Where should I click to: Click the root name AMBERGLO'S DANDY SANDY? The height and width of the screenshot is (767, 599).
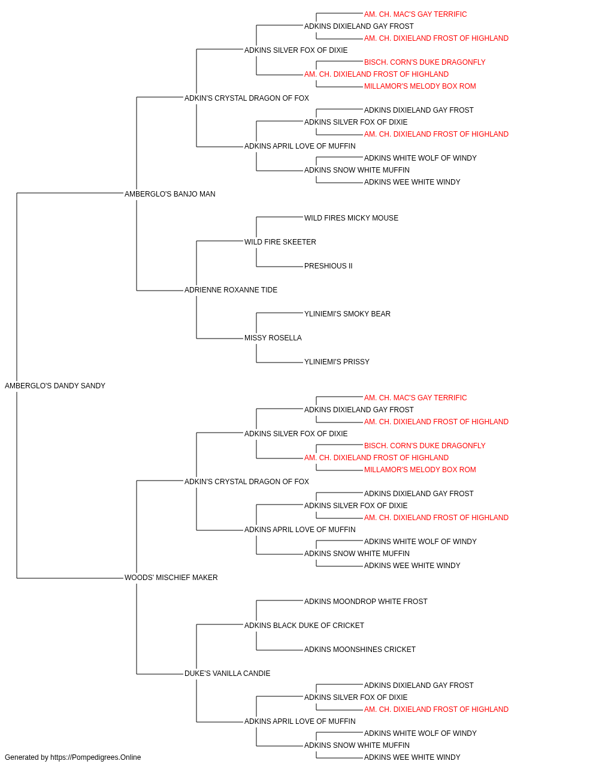tap(55, 386)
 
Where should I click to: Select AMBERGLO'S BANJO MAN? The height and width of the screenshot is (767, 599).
tap(170, 194)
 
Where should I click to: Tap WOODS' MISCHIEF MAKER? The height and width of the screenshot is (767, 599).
tap(171, 578)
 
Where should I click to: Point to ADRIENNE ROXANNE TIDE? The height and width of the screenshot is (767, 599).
tap(231, 290)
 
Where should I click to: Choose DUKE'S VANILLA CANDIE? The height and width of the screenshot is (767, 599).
tap(227, 674)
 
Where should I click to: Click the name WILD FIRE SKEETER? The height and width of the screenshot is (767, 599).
tap(280, 241)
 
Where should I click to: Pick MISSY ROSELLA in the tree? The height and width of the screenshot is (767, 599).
tap(273, 338)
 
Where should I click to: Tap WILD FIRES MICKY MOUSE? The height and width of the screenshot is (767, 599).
tap(351, 218)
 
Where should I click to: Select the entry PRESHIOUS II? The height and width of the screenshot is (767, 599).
tap(328, 266)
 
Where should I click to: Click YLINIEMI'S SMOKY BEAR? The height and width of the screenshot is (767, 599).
tap(347, 314)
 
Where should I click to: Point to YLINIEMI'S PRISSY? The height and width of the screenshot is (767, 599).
tap(337, 362)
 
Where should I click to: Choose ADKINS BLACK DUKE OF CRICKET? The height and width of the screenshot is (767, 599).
tap(304, 626)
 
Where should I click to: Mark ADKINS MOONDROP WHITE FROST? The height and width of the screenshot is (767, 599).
tap(365, 602)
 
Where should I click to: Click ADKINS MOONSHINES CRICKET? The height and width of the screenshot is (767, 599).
tap(360, 650)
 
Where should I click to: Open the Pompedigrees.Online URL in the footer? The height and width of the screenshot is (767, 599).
tap(96, 757)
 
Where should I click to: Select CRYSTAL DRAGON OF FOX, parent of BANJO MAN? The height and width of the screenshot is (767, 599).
tap(247, 98)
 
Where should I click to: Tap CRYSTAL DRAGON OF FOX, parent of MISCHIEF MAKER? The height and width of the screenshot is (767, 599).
tap(247, 481)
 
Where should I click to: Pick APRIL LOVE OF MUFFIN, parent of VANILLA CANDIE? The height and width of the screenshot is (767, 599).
tap(300, 721)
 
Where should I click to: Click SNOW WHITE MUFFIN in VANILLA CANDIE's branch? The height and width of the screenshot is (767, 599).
tap(356, 745)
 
